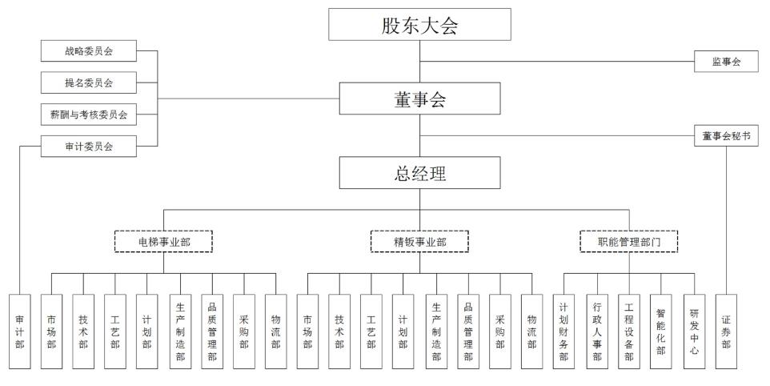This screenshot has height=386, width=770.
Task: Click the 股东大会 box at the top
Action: (419, 25)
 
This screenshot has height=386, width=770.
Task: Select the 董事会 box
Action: (419, 99)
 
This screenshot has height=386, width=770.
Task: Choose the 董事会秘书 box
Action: (725, 136)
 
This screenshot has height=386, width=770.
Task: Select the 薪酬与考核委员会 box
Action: (89, 115)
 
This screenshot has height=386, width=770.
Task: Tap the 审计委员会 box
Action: (89, 146)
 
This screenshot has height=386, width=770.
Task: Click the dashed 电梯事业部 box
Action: (163, 240)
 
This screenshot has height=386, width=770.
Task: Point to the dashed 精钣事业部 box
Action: (419, 240)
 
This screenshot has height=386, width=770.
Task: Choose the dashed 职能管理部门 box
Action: (628, 240)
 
